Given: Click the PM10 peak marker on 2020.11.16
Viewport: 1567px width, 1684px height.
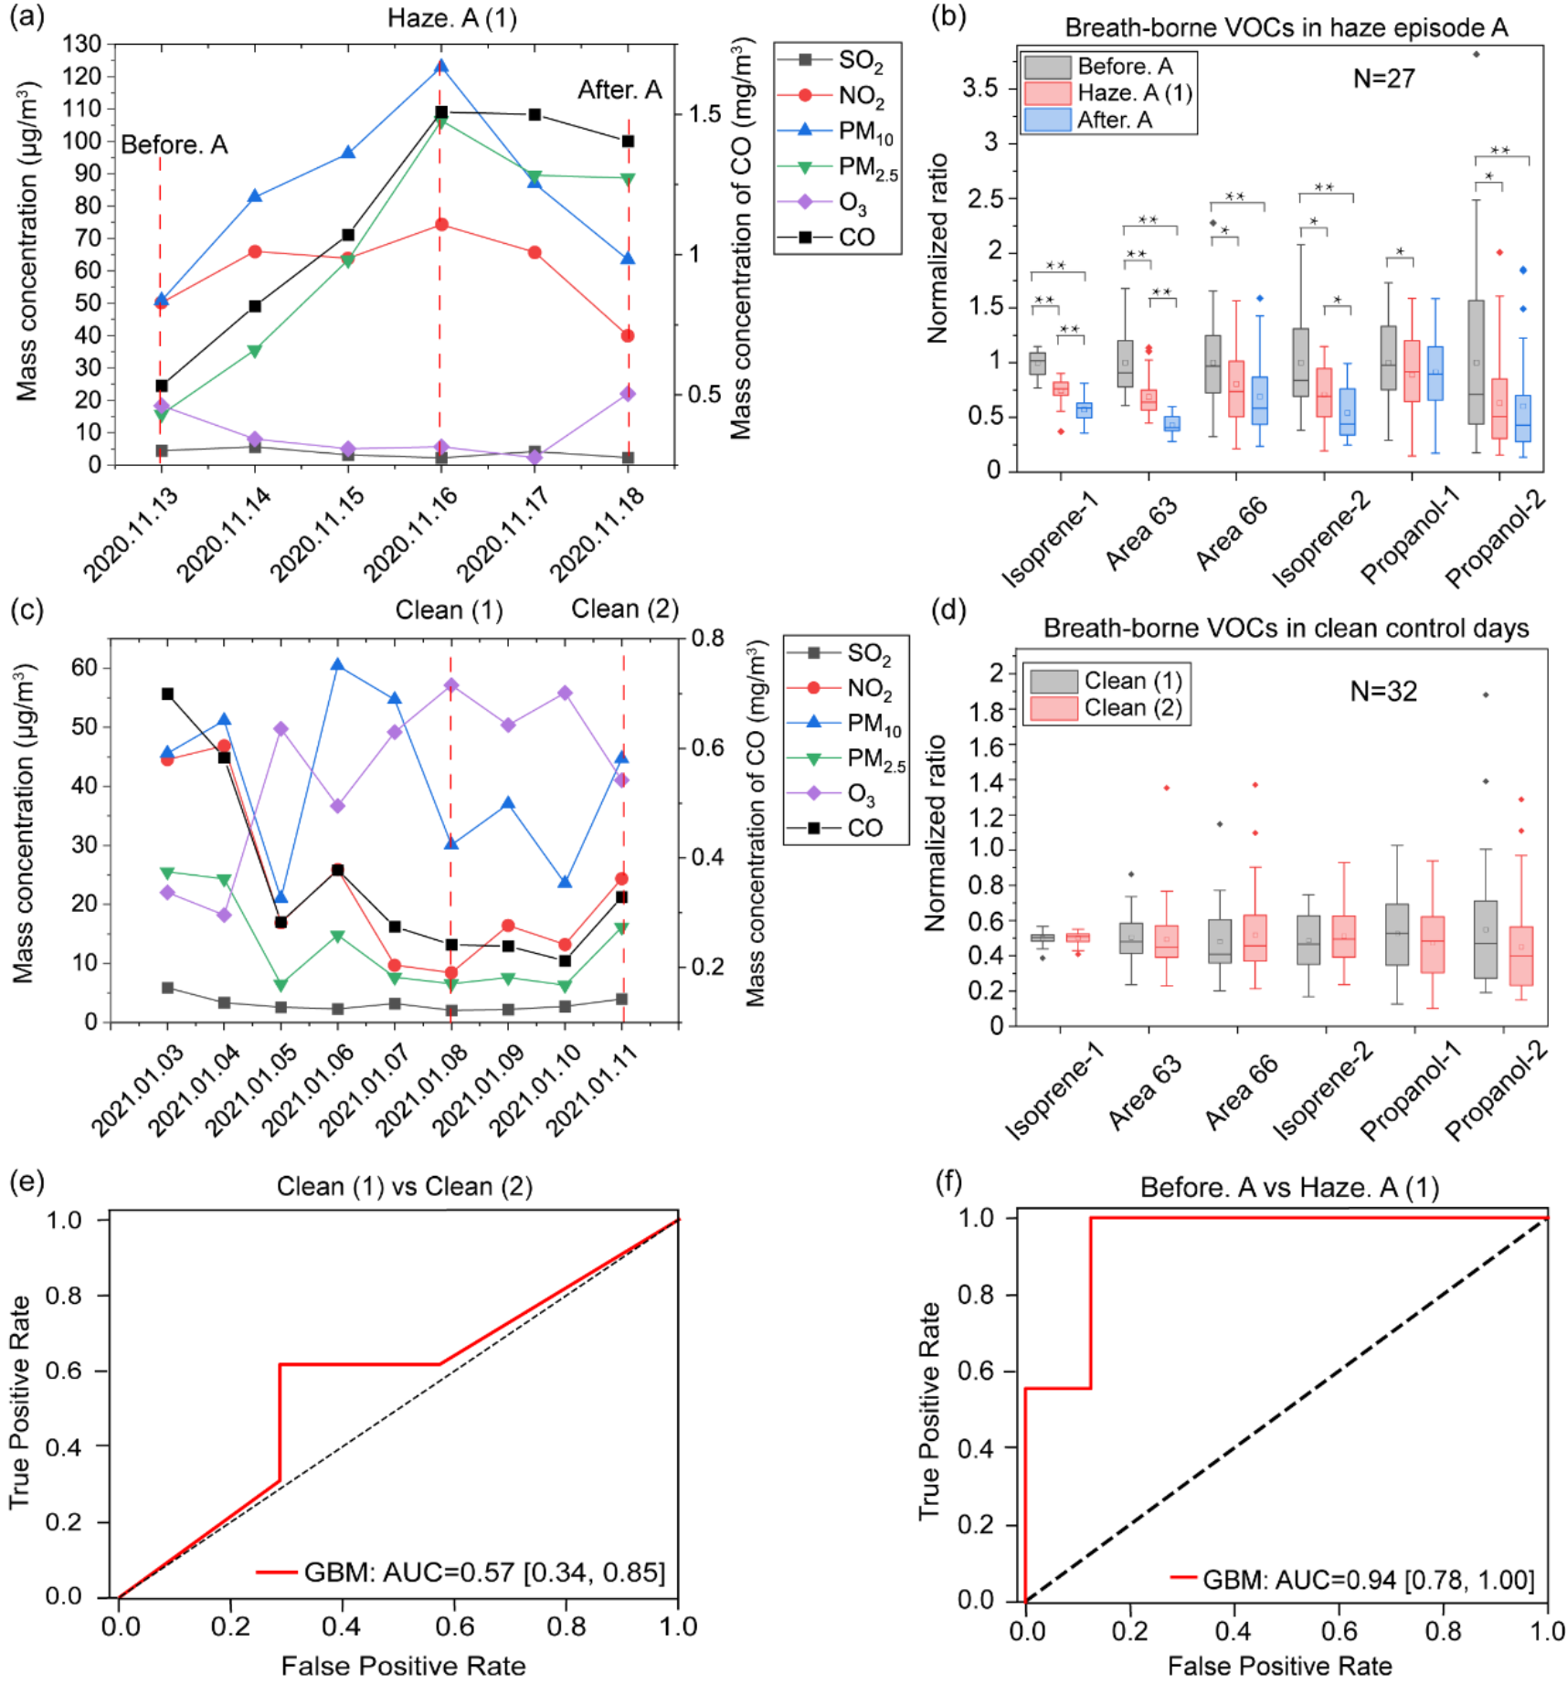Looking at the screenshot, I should point(440,67).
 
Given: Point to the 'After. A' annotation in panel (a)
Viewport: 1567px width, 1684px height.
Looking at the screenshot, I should point(619,90).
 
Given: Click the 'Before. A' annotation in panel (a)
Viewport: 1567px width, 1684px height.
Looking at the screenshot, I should point(174,144).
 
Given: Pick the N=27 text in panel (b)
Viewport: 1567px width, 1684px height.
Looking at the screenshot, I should point(1383,79).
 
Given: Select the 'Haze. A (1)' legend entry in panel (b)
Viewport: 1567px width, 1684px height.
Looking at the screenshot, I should point(1133,93).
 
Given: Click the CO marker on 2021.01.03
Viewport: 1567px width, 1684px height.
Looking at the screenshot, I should point(167,694).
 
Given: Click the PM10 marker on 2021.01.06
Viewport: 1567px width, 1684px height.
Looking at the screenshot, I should point(338,665).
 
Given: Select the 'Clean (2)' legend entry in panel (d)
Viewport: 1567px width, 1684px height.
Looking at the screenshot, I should point(1132,708).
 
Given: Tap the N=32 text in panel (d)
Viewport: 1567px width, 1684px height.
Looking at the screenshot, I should point(1383,692).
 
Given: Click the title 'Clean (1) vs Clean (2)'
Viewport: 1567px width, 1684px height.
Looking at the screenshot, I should point(404,1186).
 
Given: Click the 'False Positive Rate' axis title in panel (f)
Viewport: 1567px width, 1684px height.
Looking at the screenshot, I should point(1279,1666).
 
